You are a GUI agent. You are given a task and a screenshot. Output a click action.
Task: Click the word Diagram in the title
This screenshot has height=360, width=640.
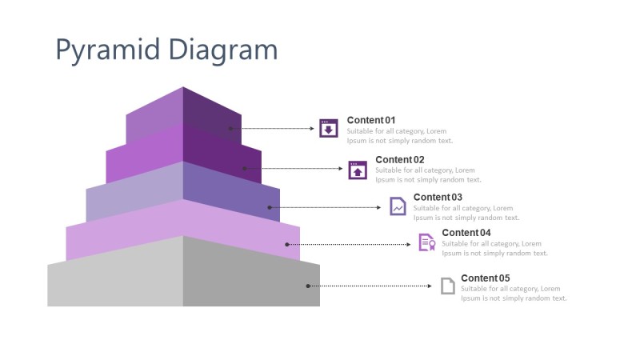[223, 50]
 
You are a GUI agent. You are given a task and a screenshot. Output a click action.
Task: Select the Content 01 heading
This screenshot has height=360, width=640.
[370, 120]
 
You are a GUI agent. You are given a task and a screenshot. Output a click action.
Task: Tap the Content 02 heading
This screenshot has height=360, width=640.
[399, 159]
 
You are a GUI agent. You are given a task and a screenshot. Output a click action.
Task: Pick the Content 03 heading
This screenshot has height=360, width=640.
[438, 197]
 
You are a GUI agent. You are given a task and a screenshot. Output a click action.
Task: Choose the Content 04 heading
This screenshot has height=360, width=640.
[466, 233]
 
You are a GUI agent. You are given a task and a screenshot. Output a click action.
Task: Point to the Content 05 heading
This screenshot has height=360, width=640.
[485, 278]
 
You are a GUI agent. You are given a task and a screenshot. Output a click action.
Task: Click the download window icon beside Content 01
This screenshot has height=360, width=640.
[328, 128]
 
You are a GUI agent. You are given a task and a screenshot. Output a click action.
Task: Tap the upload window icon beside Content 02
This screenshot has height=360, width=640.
[358, 170]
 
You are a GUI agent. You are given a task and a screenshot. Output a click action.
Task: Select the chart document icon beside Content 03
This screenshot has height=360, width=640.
[398, 206]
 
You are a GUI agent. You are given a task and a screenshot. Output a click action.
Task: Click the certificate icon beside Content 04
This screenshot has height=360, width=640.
[426, 242]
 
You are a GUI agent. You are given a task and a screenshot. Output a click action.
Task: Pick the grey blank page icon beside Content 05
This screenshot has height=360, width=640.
[448, 286]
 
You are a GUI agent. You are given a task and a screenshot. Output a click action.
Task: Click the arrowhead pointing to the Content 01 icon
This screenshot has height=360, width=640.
[313, 128]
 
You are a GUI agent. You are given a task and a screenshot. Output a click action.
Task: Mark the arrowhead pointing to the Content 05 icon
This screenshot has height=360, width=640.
[433, 286]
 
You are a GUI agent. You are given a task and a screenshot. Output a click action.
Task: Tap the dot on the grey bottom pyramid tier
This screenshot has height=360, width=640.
[307, 286]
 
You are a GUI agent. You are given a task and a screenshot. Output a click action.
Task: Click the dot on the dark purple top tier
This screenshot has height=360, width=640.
[230, 128]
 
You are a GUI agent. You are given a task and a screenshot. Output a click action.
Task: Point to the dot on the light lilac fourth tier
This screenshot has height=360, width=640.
[286, 244]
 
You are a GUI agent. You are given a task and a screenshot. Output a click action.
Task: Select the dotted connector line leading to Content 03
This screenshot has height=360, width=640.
[328, 207]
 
